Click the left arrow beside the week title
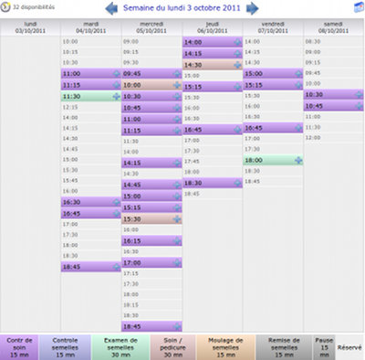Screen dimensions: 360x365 coord(112,9)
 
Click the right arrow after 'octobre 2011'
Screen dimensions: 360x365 coord(253,9)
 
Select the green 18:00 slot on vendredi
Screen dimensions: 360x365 coord(272,160)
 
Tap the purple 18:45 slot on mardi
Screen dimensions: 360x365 coord(90,267)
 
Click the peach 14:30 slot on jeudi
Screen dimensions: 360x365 coord(212,65)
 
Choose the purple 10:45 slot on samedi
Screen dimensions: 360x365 coord(333,106)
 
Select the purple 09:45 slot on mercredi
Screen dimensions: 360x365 coord(151,74)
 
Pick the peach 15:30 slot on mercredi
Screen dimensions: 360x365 coord(151,219)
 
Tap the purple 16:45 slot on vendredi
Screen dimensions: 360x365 coord(272,128)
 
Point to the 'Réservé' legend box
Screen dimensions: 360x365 coord(350,347)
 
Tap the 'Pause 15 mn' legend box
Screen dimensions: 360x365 coord(324,346)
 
